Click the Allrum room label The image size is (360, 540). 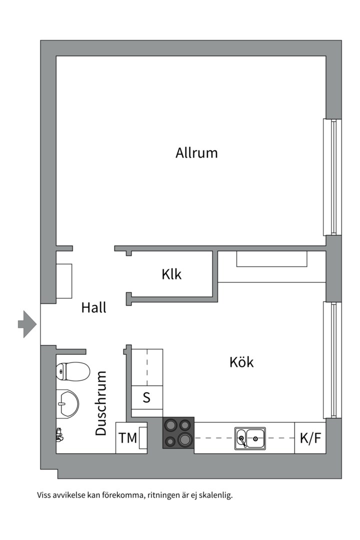(x=196, y=152)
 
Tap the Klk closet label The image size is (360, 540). (x=171, y=274)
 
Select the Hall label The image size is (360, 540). (x=93, y=307)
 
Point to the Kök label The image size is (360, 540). (x=241, y=362)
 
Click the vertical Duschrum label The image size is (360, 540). (x=100, y=403)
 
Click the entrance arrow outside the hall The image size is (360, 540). (x=27, y=324)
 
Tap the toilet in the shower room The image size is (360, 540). (x=72, y=371)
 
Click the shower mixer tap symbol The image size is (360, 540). (x=59, y=434)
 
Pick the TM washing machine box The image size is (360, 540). (x=131, y=437)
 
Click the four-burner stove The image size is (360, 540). (x=178, y=433)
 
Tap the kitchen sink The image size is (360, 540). (x=250, y=438)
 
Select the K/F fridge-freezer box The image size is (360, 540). (x=310, y=438)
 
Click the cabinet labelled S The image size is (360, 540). (x=147, y=397)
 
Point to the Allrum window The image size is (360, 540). (x=332, y=177)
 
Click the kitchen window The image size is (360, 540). (x=332, y=360)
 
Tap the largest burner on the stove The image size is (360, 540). (x=185, y=440)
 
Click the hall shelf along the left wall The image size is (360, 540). (x=64, y=281)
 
